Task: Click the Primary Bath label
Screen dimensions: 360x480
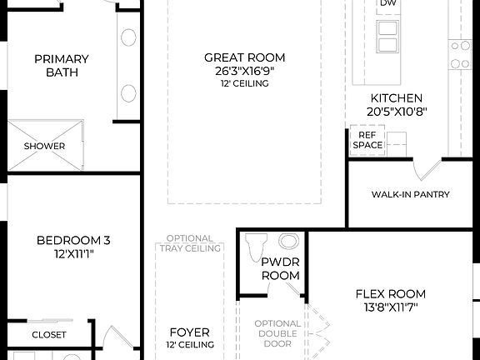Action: [x=62, y=65]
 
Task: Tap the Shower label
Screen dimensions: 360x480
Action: [x=44, y=146]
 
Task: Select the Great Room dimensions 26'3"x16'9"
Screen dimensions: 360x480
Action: [x=244, y=71]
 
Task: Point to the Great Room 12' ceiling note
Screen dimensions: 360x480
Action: [x=244, y=83]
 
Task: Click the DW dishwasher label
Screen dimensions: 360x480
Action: [x=387, y=4]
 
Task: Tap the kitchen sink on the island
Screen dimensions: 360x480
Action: [x=387, y=37]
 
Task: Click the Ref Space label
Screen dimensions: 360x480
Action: [x=367, y=139]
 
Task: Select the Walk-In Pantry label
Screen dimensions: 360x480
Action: [x=410, y=194]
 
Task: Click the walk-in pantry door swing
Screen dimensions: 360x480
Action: [x=426, y=170]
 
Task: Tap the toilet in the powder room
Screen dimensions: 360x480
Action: [x=256, y=245]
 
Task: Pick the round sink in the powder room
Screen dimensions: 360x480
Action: [x=288, y=242]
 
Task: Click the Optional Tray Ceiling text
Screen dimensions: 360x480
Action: [x=189, y=242]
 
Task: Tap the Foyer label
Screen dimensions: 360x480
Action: [x=189, y=332]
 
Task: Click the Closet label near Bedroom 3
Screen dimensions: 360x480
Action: [x=49, y=334]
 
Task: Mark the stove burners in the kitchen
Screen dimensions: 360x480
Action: [x=459, y=54]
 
